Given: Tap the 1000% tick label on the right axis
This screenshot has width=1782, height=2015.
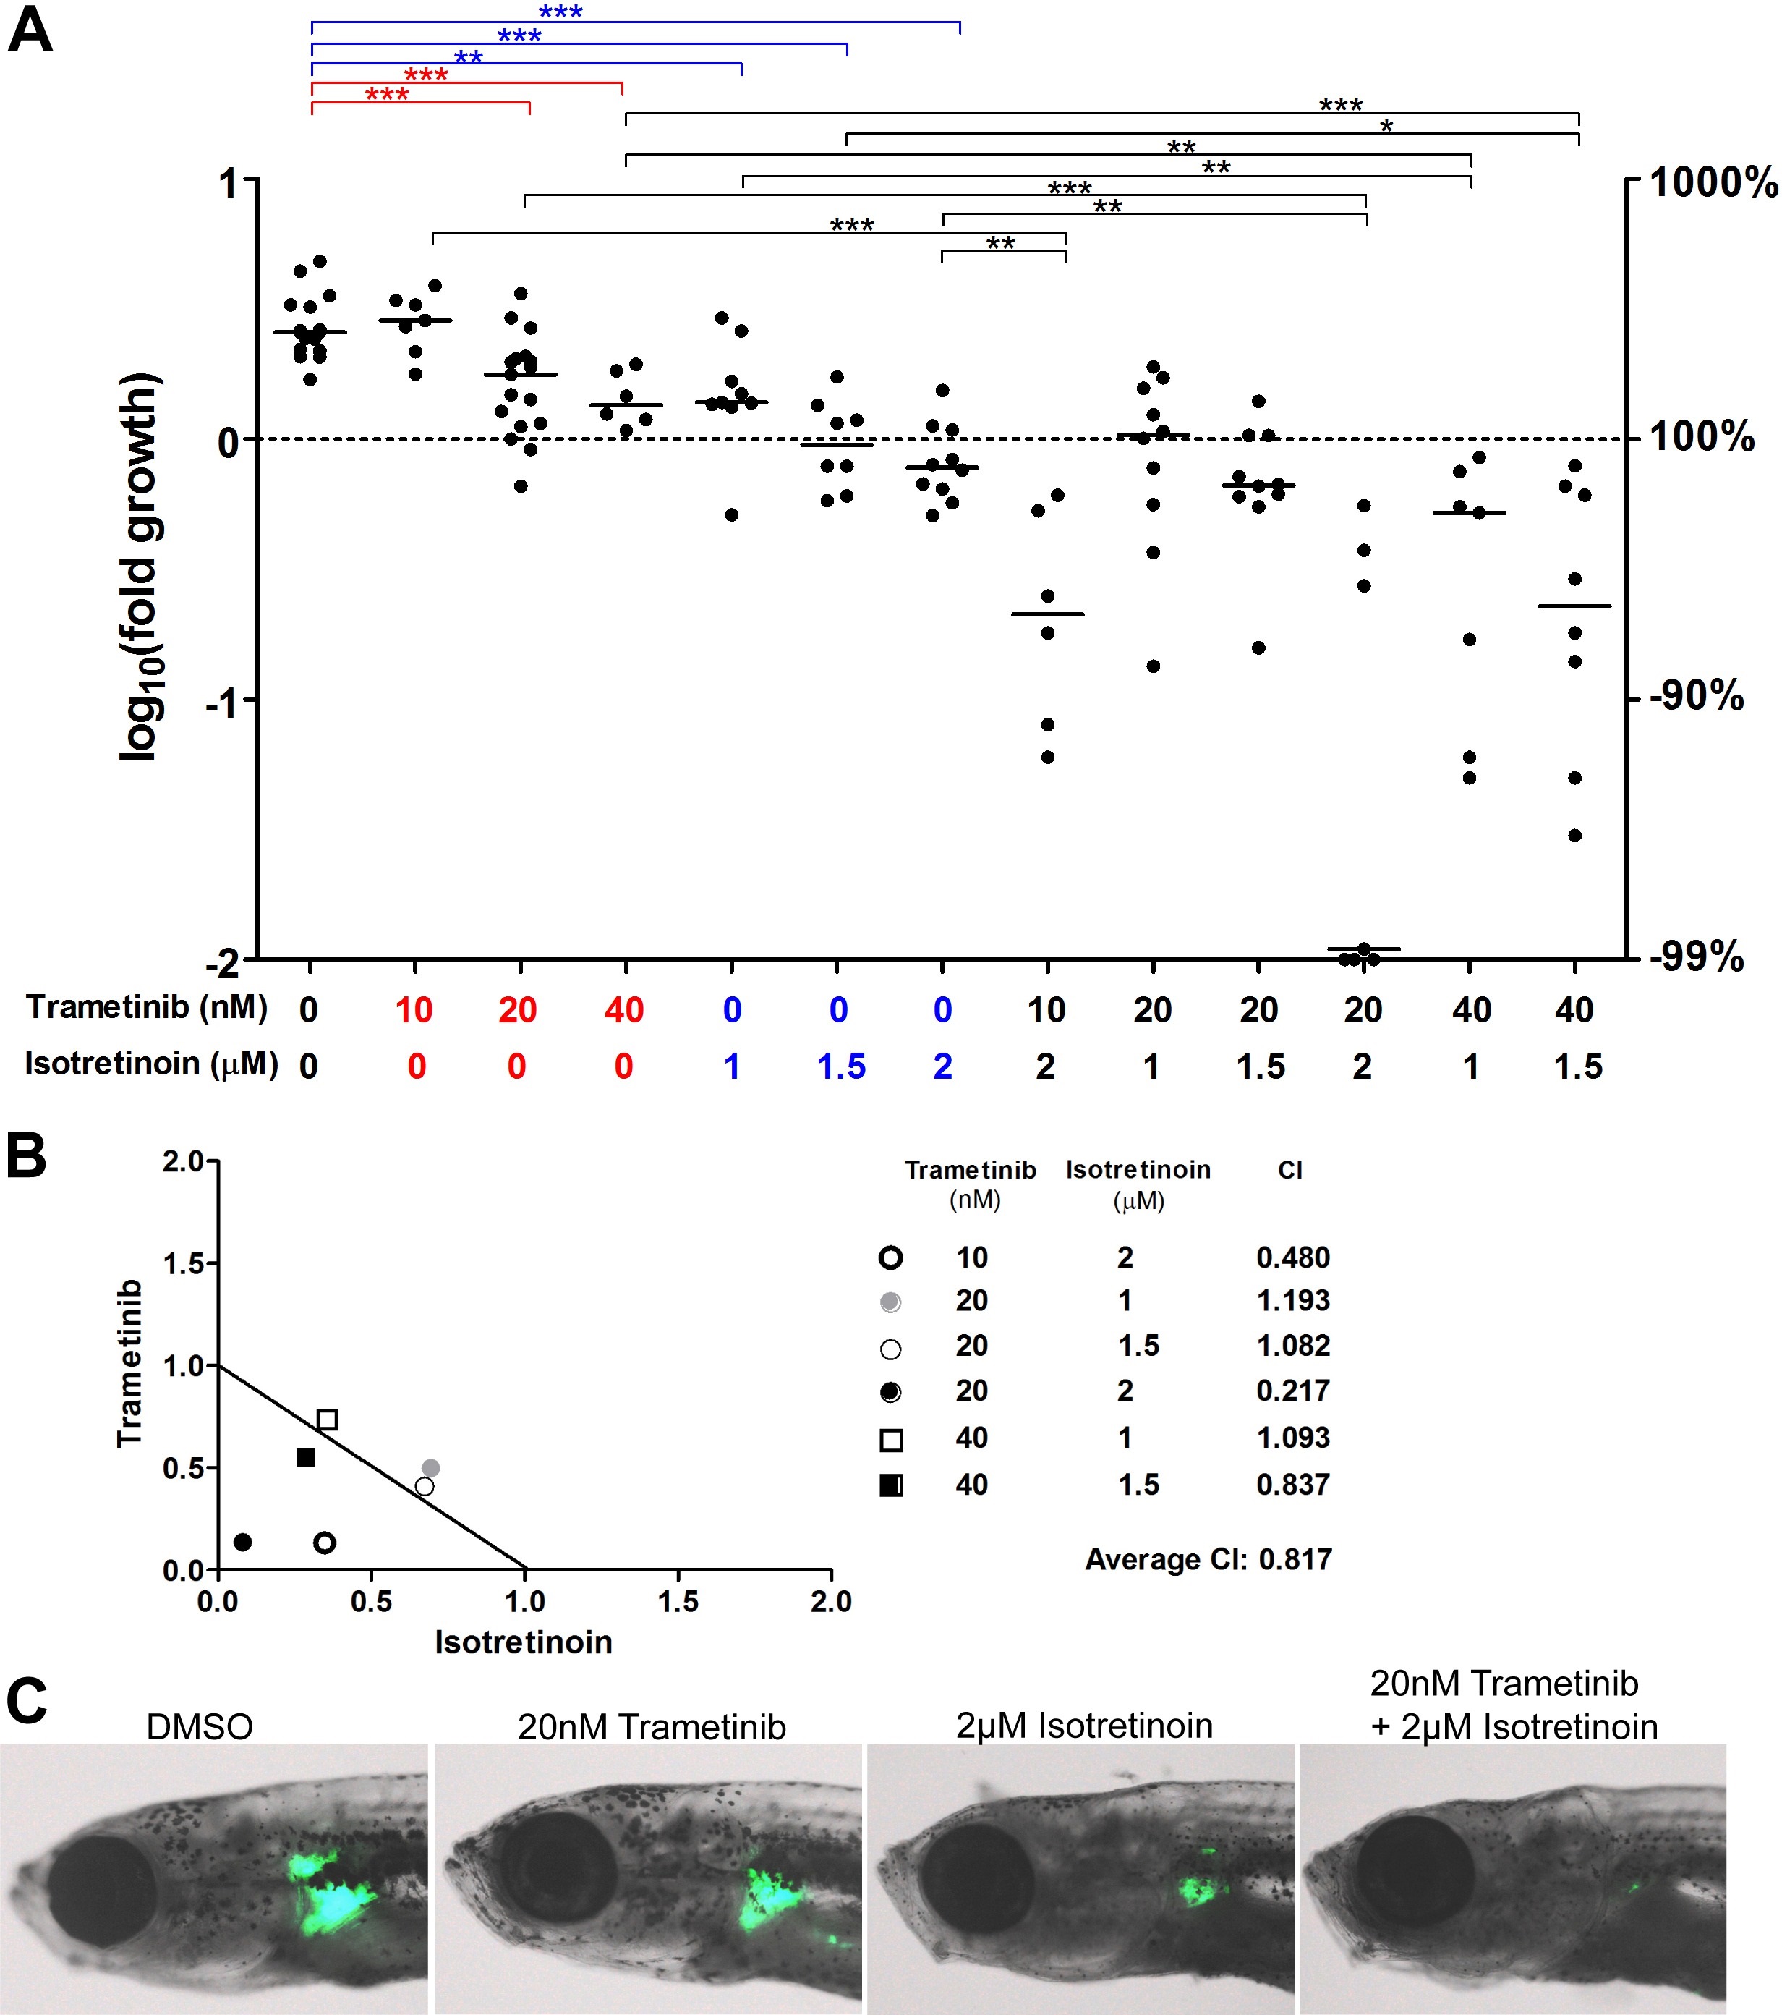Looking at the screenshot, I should (1713, 182).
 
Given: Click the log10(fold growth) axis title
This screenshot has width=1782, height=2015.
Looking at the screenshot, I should (140, 567).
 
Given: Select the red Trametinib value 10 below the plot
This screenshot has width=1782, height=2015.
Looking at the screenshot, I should (414, 1009).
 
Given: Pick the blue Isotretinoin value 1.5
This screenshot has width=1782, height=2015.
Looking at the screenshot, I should (840, 1066).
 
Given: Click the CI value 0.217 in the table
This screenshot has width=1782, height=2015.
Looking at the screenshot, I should (1292, 1391).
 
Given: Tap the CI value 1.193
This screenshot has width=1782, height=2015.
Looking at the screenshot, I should (1292, 1302).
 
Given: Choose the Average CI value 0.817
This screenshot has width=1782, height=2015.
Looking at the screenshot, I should (1295, 1560).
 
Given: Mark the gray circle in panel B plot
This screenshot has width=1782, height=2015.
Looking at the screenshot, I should (431, 1468).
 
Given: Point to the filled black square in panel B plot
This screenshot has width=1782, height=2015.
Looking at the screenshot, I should (305, 1457).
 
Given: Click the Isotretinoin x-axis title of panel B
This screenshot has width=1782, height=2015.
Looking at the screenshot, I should (524, 1642).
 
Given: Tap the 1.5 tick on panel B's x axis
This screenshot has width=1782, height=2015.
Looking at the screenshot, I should (678, 1602).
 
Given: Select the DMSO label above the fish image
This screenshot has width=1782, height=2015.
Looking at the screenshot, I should (199, 1727).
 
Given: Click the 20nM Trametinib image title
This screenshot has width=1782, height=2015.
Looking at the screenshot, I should (652, 1727).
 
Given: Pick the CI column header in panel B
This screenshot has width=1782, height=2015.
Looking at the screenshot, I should (1290, 1170).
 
